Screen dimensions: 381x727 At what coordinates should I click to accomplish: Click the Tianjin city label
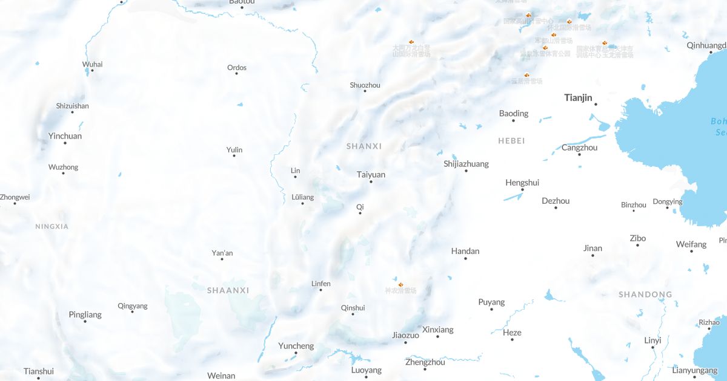[x=578, y=97]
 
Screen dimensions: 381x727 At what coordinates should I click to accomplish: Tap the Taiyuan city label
[x=371, y=175]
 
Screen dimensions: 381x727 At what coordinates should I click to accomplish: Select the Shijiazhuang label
[x=466, y=164]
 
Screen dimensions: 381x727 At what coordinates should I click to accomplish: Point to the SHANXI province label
[x=364, y=146]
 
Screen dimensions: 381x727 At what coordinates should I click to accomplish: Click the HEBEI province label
[x=511, y=141]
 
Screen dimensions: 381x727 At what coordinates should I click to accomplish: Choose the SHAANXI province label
[x=228, y=290]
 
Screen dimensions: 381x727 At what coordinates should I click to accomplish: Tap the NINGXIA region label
[x=51, y=227]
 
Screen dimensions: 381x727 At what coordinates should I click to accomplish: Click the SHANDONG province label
[x=645, y=295]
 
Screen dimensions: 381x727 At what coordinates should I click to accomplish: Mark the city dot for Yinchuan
[x=65, y=143]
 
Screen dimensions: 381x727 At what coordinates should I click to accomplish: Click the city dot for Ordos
[x=236, y=74]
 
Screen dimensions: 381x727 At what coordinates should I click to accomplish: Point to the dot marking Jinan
[x=593, y=255]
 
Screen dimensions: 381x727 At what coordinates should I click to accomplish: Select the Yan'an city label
[x=222, y=253]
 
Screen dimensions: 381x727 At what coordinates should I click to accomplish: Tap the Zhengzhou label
[x=425, y=362]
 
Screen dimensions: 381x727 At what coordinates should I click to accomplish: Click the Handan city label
[x=465, y=251]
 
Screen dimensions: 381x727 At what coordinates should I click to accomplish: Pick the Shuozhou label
[x=365, y=85]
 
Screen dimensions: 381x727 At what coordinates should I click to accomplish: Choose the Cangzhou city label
[x=579, y=148]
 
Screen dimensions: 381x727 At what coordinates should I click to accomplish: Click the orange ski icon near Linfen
[x=400, y=282]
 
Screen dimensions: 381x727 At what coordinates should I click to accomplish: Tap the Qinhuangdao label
[x=706, y=45]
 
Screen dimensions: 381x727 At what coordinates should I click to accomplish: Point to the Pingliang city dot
[x=85, y=321]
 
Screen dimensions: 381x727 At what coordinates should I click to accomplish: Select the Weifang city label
[x=691, y=244]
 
